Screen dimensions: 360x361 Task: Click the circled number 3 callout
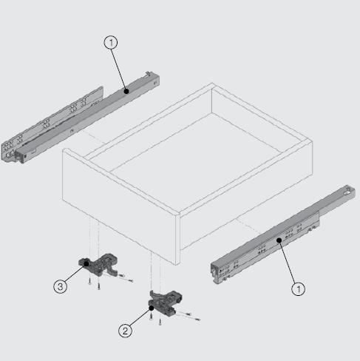pos(61,286)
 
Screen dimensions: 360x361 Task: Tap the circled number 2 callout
pos(125,331)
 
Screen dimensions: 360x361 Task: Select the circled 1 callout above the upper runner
pos(111,43)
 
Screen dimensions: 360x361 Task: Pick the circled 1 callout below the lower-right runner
pos(299,289)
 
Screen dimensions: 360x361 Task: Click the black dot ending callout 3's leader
pos(86,264)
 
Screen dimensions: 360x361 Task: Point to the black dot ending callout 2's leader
pos(152,308)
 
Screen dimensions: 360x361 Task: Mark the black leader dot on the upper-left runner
pos(126,91)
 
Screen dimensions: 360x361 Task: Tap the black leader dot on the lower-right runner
pos(279,240)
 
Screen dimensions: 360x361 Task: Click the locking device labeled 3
pos(98,265)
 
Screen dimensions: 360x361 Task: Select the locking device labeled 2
pos(165,303)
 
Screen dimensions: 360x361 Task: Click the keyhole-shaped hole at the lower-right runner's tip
pos(348,191)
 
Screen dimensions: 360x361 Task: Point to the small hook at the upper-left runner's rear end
pos(148,73)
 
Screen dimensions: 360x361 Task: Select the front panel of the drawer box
pos(120,205)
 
